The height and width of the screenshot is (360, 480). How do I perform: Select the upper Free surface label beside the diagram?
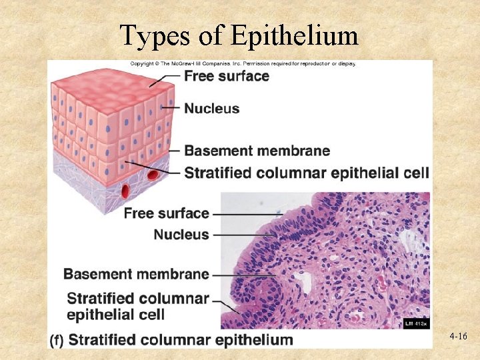coord(227,76)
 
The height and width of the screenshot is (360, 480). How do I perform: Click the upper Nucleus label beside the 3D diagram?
coord(211,108)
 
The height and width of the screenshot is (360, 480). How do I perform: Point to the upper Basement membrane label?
coord(257,151)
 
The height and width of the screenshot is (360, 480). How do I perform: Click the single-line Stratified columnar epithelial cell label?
coord(306,173)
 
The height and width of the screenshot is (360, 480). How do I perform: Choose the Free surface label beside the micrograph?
coord(166,213)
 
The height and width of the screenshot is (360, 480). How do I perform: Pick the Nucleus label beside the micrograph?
coord(181,235)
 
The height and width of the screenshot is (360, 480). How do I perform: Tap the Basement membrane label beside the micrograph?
coord(136,274)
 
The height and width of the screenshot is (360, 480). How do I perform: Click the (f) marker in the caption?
coord(57,340)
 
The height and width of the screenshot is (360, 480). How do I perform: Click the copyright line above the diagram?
coord(243,64)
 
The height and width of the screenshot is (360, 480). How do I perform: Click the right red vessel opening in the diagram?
coord(153,176)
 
